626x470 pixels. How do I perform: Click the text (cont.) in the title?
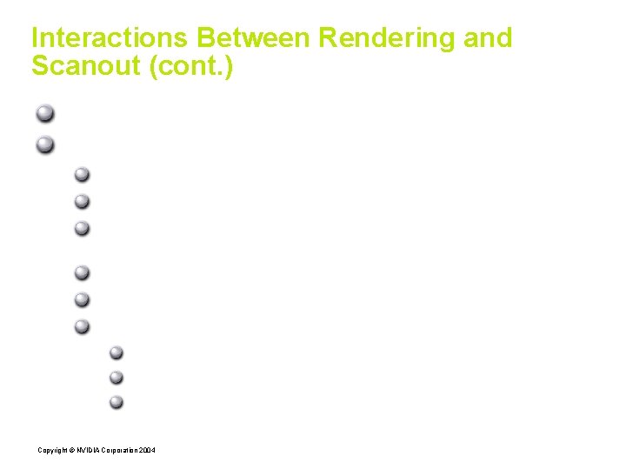click(191, 66)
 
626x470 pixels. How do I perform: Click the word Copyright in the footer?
click(50, 449)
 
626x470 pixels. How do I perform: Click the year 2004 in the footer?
click(148, 449)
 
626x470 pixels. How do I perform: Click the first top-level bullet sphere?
click(45, 114)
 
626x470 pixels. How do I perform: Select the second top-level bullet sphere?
click(45, 144)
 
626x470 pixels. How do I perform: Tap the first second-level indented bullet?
click(82, 174)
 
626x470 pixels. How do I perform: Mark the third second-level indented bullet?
click(82, 228)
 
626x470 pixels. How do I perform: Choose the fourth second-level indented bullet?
click(82, 272)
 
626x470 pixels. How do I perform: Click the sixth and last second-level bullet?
click(82, 326)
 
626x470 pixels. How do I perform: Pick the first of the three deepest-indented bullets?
click(117, 352)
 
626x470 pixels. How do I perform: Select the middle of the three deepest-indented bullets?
click(117, 378)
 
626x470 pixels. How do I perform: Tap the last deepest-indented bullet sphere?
click(117, 402)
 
